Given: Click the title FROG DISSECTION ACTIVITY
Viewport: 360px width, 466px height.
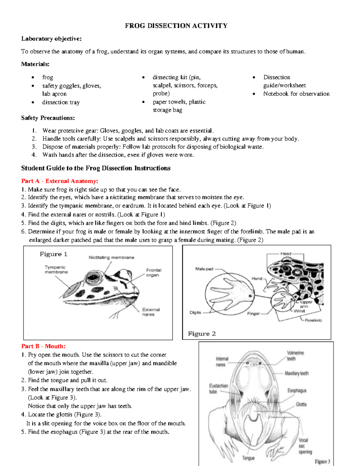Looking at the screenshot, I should (x=176, y=26).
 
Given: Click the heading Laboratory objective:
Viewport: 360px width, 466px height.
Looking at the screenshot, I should (x=51, y=39).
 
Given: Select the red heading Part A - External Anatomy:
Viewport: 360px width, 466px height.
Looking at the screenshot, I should (x=60, y=181).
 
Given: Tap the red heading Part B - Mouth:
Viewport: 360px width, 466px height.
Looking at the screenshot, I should (x=43, y=346).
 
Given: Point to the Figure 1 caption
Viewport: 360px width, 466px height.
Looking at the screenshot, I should (x=54, y=254).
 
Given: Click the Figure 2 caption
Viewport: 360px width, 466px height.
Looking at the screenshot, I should (x=202, y=334).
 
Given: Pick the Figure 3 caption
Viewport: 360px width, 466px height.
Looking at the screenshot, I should (x=322, y=461).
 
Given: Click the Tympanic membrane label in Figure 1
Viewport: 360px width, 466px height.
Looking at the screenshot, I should (x=56, y=269).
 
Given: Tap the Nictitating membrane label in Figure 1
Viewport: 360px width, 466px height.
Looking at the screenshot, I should (x=111, y=257).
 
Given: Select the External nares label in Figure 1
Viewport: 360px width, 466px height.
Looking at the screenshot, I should (x=151, y=312).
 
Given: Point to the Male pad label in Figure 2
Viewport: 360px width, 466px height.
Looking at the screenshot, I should (x=204, y=269).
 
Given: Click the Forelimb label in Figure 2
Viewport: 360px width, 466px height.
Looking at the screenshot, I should (x=313, y=320).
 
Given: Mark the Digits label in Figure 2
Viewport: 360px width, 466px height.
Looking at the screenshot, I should (x=195, y=312).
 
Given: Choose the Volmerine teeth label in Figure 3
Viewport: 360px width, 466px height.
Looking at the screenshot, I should (x=295, y=356).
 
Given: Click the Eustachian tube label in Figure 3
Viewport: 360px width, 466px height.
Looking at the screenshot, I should (x=218, y=388).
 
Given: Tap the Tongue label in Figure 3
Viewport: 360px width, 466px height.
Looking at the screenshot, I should (x=248, y=458).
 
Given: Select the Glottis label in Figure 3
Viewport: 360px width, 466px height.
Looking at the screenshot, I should (x=301, y=404).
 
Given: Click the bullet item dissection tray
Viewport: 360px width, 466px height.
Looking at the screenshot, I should (x=61, y=102).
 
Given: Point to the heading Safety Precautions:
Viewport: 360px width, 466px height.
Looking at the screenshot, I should (x=48, y=118).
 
